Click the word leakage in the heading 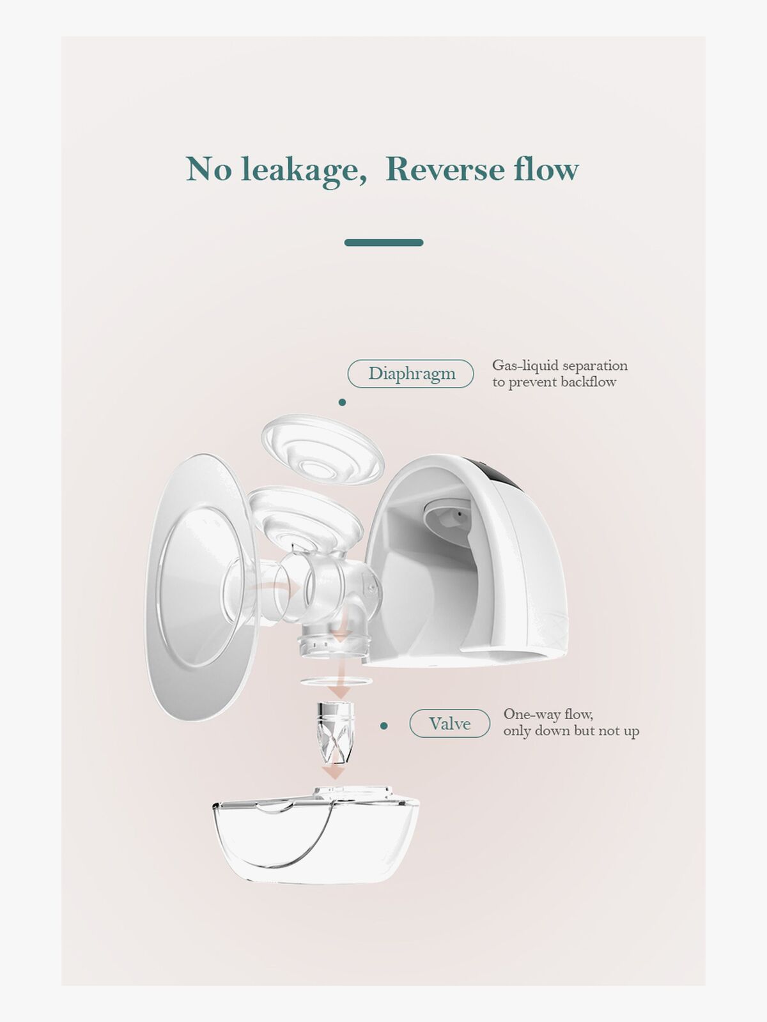coord(304,171)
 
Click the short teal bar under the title coord(383,243)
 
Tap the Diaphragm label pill coord(410,374)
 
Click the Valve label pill coord(450,724)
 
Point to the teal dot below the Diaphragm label coord(343,402)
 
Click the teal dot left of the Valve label coord(383,726)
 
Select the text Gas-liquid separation coord(560,365)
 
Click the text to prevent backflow coord(554,382)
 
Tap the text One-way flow coord(548,714)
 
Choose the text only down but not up coord(571,731)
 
